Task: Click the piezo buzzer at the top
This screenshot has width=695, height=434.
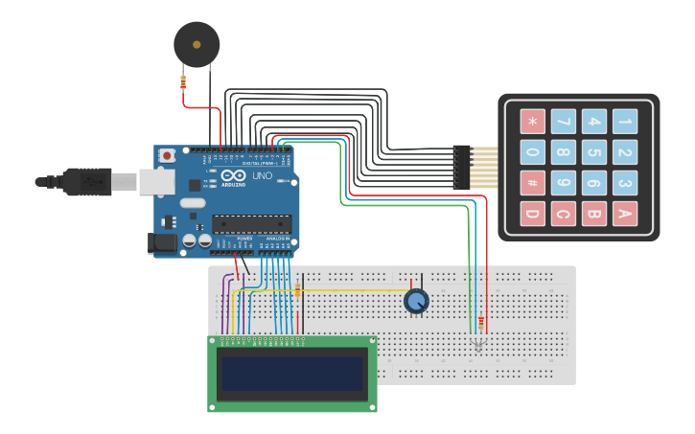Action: point(197,45)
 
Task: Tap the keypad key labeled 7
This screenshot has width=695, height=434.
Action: point(564,122)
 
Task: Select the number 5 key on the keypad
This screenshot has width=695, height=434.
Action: point(594,152)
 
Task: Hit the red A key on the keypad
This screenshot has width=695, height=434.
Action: point(625,213)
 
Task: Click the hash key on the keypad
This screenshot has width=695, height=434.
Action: point(533,182)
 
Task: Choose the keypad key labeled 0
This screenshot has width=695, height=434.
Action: point(533,152)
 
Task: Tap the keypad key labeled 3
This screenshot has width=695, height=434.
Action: point(625,182)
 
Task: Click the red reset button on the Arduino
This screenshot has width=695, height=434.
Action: point(167,155)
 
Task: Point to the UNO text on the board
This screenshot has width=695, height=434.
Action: point(262,176)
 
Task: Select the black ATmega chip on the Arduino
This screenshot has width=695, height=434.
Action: point(252,224)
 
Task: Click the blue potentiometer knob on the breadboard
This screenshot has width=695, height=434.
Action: point(416,302)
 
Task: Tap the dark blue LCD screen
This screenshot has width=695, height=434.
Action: point(292,374)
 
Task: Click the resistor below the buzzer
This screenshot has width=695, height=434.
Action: point(183,83)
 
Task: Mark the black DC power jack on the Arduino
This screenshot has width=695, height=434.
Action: point(163,242)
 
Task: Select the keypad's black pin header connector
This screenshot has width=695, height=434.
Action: point(462,167)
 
